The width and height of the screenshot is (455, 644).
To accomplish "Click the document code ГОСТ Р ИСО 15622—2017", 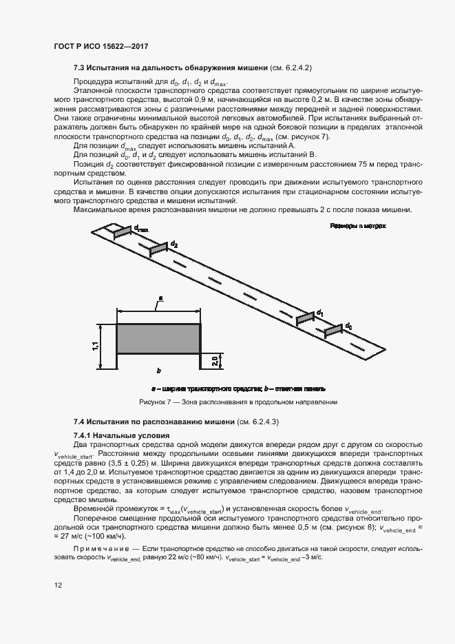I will pyautogui.click(x=101, y=47).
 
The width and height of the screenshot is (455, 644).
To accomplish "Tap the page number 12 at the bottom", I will pyautogui.click(x=59, y=585).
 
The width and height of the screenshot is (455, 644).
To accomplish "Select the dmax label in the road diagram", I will pyautogui.click(x=141, y=228).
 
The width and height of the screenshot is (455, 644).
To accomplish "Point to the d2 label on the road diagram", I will pyautogui.click(x=174, y=245).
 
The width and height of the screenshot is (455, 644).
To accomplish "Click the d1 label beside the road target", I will pyautogui.click(x=319, y=313).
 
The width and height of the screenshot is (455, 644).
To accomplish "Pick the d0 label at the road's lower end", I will pyautogui.click(x=349, y=326).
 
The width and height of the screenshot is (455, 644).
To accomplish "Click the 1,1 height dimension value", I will pyautogui.click(x=96, y=346).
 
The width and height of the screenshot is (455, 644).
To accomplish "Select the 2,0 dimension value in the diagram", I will pyautogui.click(x=214, y=361).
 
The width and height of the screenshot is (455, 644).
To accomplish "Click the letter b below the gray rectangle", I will pyautogui.click(x=159, y=370).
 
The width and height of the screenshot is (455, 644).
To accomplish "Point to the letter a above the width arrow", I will pyautogui.click(x=160, y=299).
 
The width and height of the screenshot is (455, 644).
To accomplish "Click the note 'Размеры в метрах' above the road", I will pyautogui.click(x=358, y=226).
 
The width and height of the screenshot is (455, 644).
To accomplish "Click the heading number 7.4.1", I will pyautogui.click(x=85, y=435).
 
